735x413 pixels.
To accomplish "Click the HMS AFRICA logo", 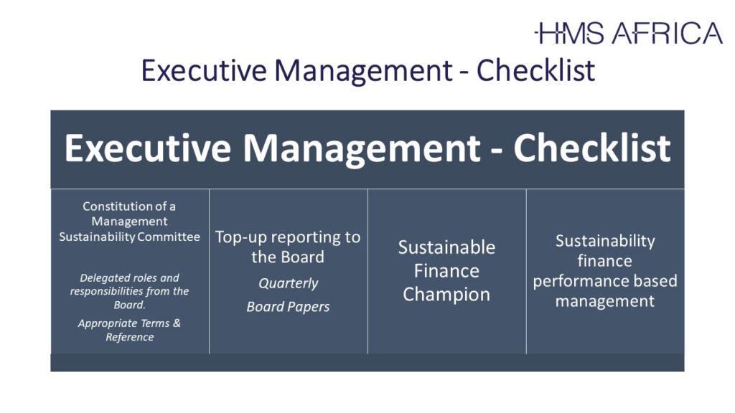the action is coord(628,33).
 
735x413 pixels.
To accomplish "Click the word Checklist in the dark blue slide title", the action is coord(535,71).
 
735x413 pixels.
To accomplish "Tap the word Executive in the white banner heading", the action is coord(148,148).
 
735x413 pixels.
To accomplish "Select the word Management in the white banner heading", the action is coord(362,149).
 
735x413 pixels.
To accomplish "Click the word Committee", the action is coord(169,237).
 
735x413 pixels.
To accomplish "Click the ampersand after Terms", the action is coord(177,323).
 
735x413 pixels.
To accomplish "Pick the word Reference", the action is coord(130,337).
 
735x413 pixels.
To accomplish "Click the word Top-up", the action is coord(240,237).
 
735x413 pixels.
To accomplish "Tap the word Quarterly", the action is coord(289,283).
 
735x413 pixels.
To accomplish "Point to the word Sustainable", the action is coord(446,247).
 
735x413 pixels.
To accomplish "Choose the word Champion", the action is coord(446,295).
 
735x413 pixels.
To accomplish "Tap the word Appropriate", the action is coord(108,323).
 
